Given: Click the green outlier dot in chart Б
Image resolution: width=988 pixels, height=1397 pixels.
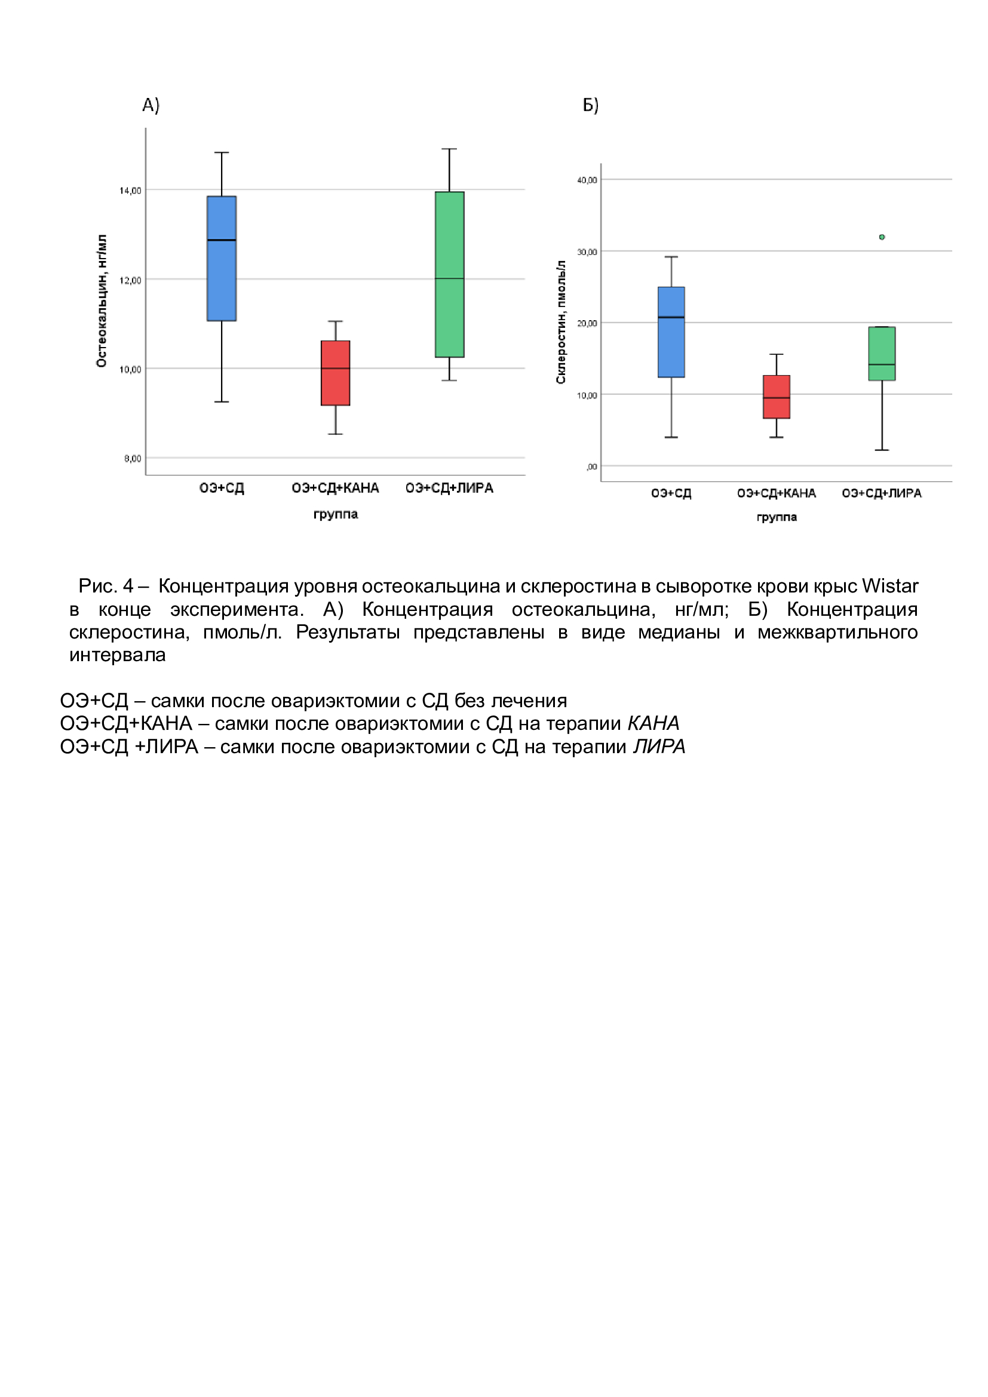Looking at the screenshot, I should coord(882,237).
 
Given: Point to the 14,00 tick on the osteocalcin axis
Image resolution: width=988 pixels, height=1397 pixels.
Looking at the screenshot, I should coord(130,191).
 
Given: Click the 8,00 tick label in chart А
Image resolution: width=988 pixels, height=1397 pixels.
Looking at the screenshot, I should coord(133,458).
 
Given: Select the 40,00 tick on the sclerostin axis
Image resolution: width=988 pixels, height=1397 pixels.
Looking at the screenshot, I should coord(587,180).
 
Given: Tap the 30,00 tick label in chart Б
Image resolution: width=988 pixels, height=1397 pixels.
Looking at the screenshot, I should coord(587,252).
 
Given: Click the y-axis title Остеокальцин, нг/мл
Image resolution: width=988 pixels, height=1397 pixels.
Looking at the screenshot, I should coord(102,300).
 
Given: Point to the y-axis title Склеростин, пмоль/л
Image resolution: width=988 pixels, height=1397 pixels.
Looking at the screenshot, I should coord(561,322).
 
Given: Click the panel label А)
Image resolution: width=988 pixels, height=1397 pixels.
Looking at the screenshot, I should coord(151,105).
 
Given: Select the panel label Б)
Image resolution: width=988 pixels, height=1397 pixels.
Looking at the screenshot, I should coord(591,105).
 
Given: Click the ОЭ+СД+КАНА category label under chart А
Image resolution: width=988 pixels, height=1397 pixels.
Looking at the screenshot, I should coord(335,488).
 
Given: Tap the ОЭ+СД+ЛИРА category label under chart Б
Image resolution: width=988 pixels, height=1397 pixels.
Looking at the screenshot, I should coord(882,493).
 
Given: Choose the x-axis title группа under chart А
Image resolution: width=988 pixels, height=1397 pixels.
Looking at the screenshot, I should coord(335,514).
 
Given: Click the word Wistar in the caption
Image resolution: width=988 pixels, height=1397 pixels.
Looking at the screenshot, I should coord(889,585).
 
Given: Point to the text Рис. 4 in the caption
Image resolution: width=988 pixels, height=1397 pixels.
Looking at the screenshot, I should coord(106,585).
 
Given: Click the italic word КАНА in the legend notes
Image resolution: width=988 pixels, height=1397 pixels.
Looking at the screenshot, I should coord(653,723).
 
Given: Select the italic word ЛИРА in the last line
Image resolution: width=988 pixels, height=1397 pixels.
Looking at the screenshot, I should coord(659,746).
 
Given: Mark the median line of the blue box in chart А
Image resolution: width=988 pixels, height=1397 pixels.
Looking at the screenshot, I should coord(222,240).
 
